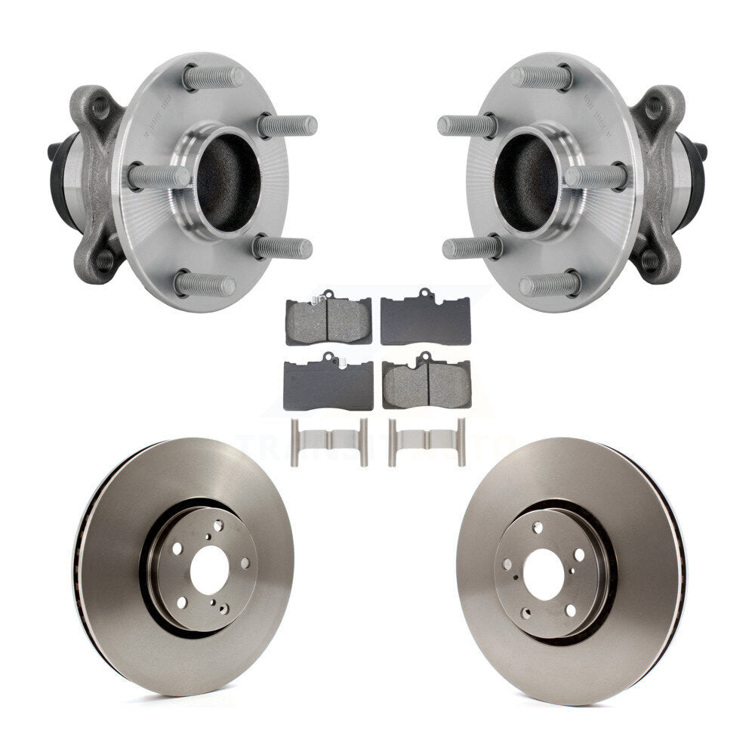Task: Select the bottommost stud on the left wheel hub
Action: [x=205, y=284]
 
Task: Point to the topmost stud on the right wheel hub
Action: [x=541, y=77]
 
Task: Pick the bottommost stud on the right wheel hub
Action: [x=550, y=284]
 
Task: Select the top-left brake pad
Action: [x=328, y=319]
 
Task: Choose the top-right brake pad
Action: [x=426, y=319]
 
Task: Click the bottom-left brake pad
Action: [x=328, y=384]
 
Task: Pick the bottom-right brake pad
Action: [x=427, y=384]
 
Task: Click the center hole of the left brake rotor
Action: [x=209, y=570]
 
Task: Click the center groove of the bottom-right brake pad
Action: [x=429, y=385]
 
